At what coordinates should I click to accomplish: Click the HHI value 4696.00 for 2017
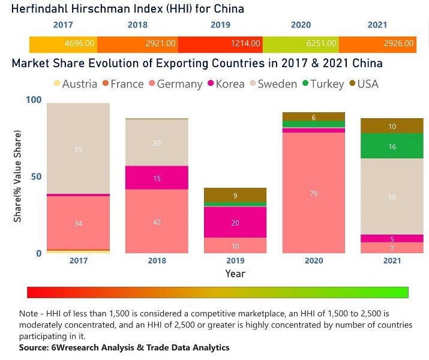pos(79,43)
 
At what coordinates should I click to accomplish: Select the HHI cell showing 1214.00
pos(246,43)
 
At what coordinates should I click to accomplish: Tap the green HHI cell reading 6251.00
pos(328,43)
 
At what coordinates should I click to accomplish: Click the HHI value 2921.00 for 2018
pos(161,43)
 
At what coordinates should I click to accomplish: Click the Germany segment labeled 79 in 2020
pos(314,193)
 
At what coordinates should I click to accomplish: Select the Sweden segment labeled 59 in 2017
pos(79,149)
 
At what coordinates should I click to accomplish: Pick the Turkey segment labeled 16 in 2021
pos(392,146)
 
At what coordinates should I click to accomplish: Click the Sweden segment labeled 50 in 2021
pos(392,197)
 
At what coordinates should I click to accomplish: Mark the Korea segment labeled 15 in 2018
pos(156,178)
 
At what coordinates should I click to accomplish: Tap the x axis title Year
pos(235,274)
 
